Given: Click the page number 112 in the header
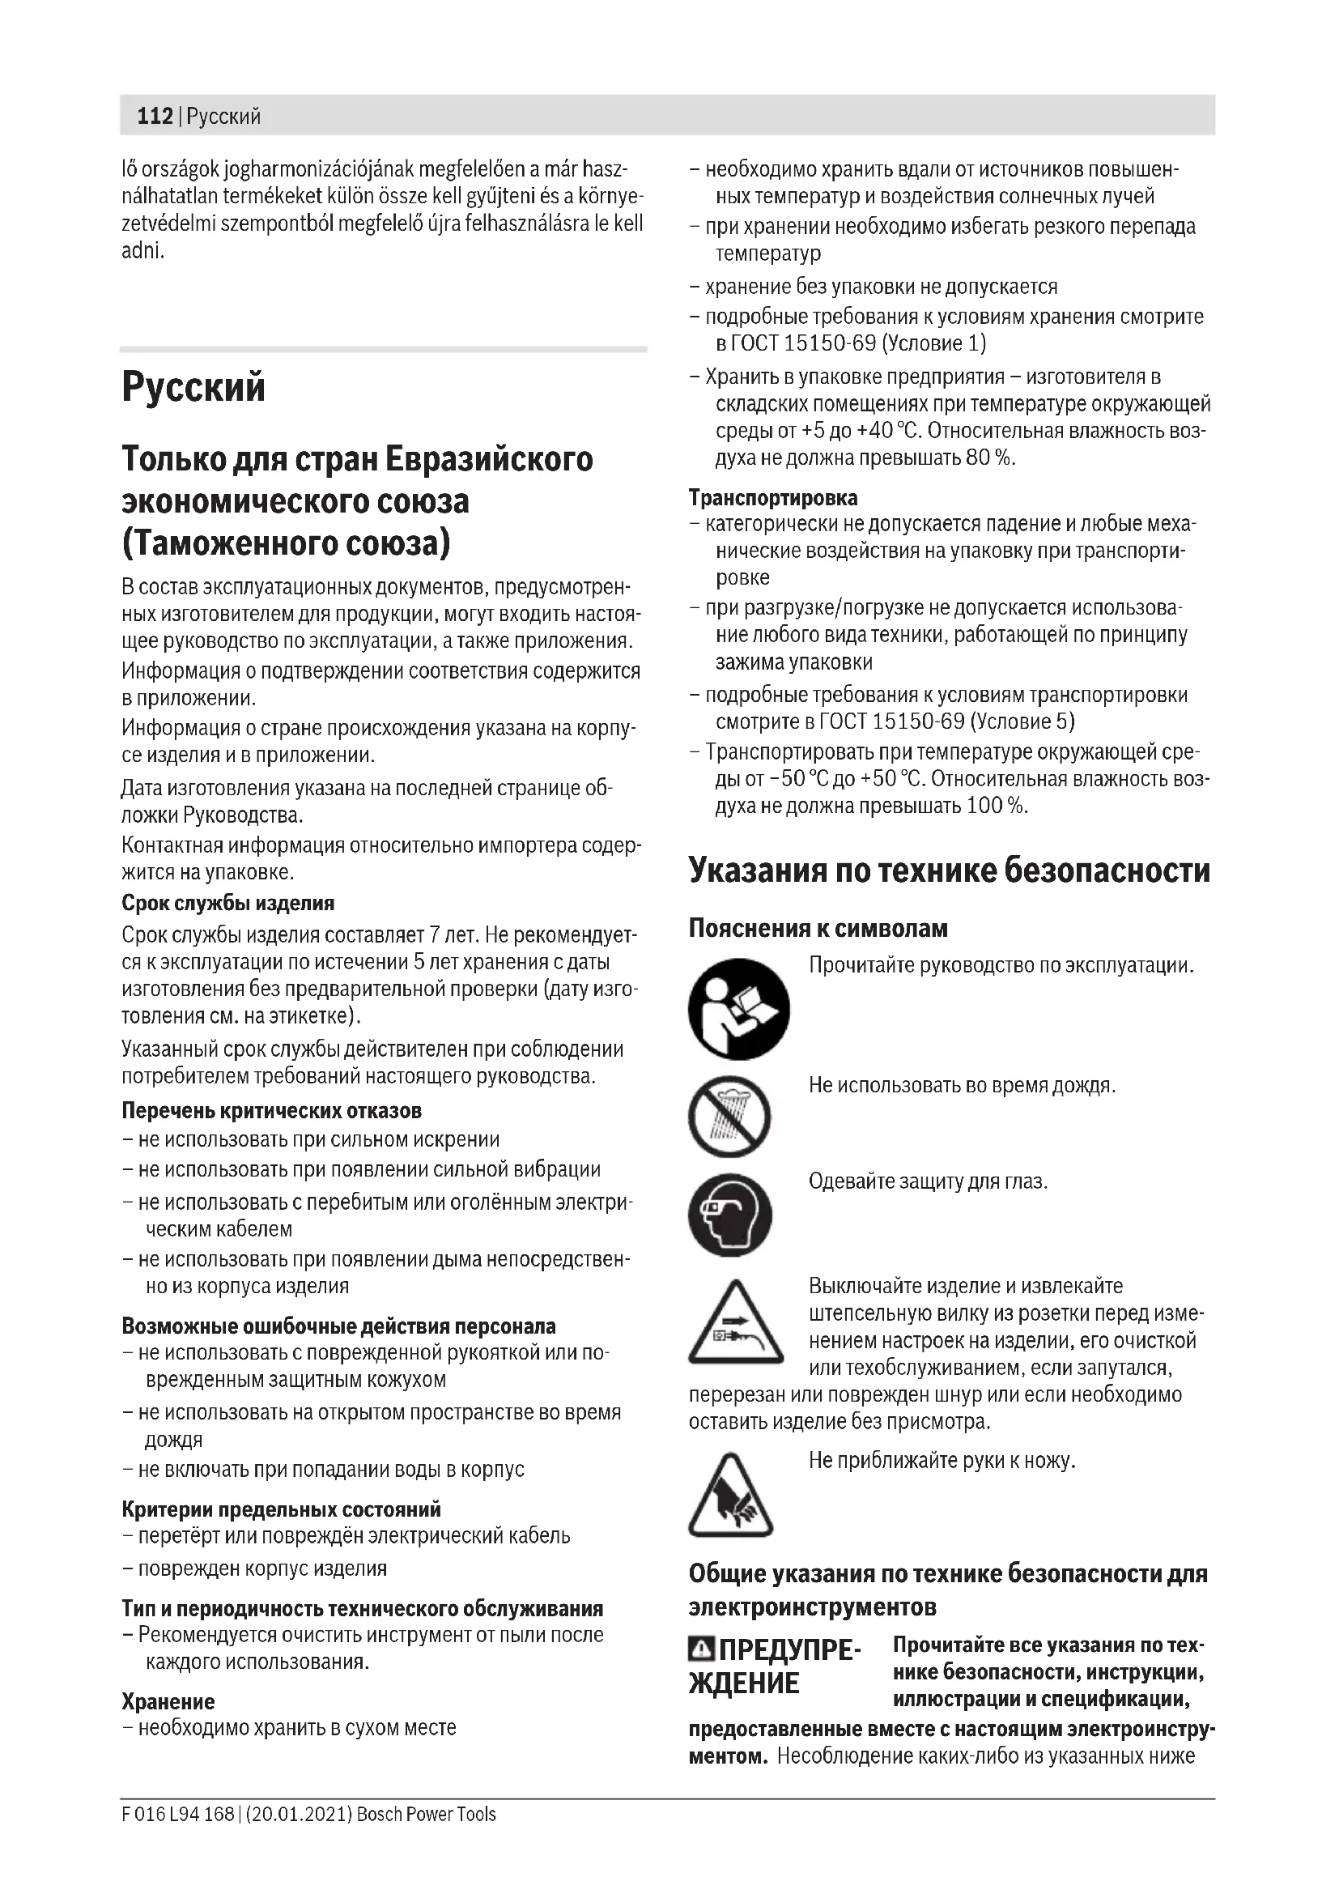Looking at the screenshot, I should [x=154, y=117].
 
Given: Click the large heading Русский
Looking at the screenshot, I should [x=193, y=386].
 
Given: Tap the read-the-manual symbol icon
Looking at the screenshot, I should [x=738, y=1009].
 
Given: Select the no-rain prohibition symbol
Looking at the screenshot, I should [x=729, y=1116].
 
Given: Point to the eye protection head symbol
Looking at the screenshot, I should [x=730, y=1215].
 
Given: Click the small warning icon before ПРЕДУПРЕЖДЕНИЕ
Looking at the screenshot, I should [x=701, y=1649].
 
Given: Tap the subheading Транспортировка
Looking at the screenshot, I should [x=772, y=498].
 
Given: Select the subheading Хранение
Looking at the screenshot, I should [x=168, y=1701].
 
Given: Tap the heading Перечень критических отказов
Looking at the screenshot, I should [x=271, y=1110].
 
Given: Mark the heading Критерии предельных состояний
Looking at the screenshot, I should [x=281, y=1509].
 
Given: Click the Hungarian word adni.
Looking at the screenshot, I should [x=142, y=251].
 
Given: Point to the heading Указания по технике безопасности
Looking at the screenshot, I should [x=949, y=870].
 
